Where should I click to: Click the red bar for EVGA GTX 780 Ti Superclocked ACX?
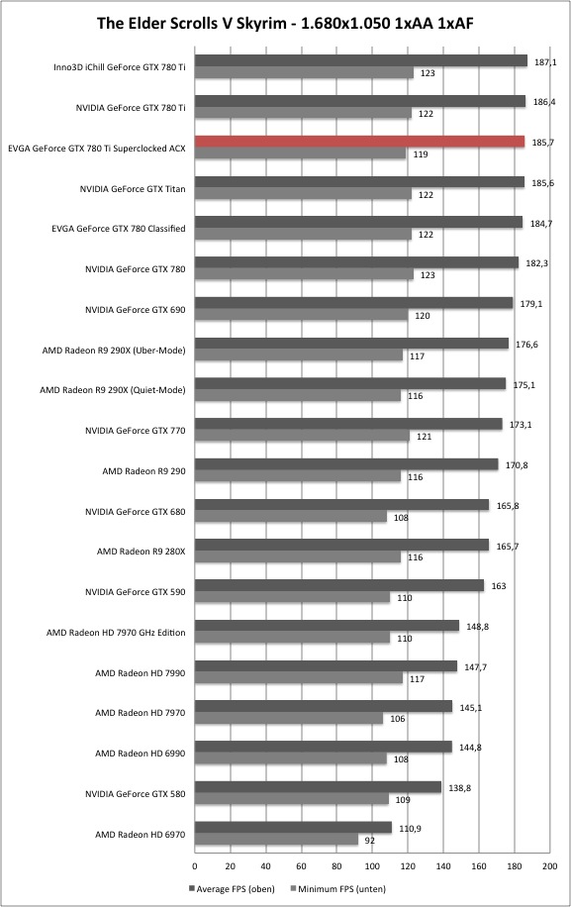pyautogui.click(x=359, y=142)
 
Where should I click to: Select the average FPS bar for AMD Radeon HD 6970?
pyautogui.click(x=293, y=828)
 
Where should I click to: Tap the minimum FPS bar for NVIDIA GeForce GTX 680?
pyautogui.click(x=291, y=517)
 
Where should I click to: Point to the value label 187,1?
pyautogui.click(x=545, y=62)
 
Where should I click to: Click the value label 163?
pyautogui.click(x=498, y=586)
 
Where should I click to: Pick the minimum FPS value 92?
pyautogui.click(x=370, y=840)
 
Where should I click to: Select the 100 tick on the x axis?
pyautogui.click(x=372, y=866)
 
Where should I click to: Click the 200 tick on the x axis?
pyautogui.click(x=549, y=866)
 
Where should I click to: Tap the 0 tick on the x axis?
pyautogui.click(x=195, y=866)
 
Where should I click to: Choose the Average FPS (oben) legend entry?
pyautogui.click(x=233, y=889)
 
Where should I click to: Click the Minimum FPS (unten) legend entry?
pyautogui.click(x=338, y=889)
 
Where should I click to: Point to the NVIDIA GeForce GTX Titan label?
pyautogui.click(x=133, y=188)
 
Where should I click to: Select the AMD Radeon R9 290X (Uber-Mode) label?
pyautogui.click(x=114, y=351)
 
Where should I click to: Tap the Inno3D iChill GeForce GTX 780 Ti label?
pyautogui.click(x=120, y=67)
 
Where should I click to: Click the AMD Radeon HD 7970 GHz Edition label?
pyautogui.click(x=116, y=633)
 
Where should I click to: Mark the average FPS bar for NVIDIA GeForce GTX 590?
pyautogui.click(x=339, y=585)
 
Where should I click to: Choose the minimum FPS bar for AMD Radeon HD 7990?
pyautogui.click(x=299, y=678)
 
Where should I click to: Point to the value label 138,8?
pyautogui.click(x=460, y=788)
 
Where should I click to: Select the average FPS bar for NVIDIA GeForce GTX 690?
pyautogui.click(x=353, y=303)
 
